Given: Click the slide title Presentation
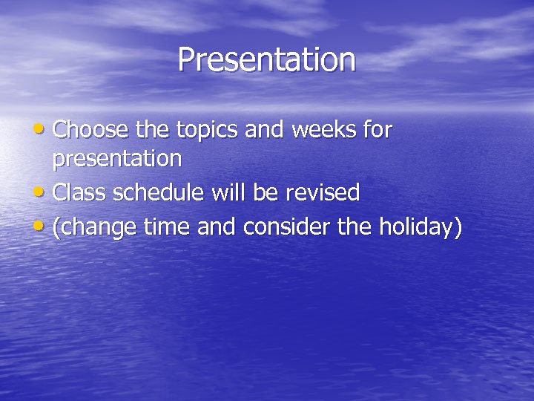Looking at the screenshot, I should tap(266, 60).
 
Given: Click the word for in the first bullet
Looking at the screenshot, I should tap(378, 130).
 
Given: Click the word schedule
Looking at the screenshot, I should tap(159, 193).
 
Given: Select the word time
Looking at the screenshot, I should tap(167, 226).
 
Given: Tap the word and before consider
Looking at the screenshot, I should tap(217, 226).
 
